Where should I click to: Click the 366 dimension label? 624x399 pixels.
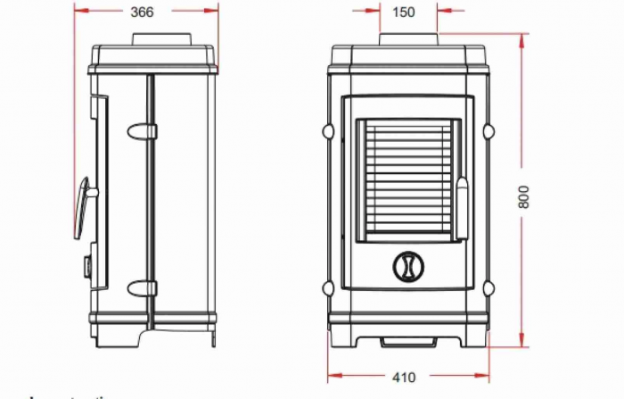click(x=142, y=12)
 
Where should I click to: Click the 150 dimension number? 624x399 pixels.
click(x=404, y=12)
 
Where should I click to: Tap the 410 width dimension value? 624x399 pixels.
click(x=404, y=378)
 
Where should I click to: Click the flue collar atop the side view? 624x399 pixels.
click(x=161, y=40)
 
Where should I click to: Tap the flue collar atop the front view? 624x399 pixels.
click(x=408, y=40)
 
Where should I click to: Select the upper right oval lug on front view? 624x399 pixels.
click(x=488, y=132)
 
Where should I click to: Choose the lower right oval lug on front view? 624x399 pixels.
click(x=488, y=287)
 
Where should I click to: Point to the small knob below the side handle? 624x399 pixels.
click(x=88, y=265)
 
